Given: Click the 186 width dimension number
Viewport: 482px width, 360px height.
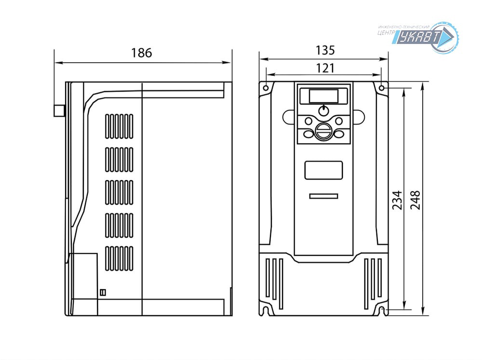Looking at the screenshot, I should coord(142,53).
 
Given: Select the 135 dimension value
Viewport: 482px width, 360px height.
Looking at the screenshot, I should coord(325,50).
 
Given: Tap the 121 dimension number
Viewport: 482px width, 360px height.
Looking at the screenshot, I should coord(325,68).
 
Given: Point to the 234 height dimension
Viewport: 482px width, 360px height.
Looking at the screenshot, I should coord(397,200).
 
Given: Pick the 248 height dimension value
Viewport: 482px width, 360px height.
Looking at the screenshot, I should coord(415,200).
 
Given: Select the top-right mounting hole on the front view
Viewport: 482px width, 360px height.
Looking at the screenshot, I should coord(382,89).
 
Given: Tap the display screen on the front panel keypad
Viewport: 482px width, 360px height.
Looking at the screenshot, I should coord(323,95).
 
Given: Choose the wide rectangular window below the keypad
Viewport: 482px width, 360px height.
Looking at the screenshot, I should coord(323,170).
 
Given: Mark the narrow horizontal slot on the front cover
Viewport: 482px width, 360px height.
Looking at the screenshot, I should coord(323,196).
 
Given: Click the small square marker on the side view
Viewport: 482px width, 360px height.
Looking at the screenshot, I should coord(102,292).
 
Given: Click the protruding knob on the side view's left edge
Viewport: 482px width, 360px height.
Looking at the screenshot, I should coord(59,111).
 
